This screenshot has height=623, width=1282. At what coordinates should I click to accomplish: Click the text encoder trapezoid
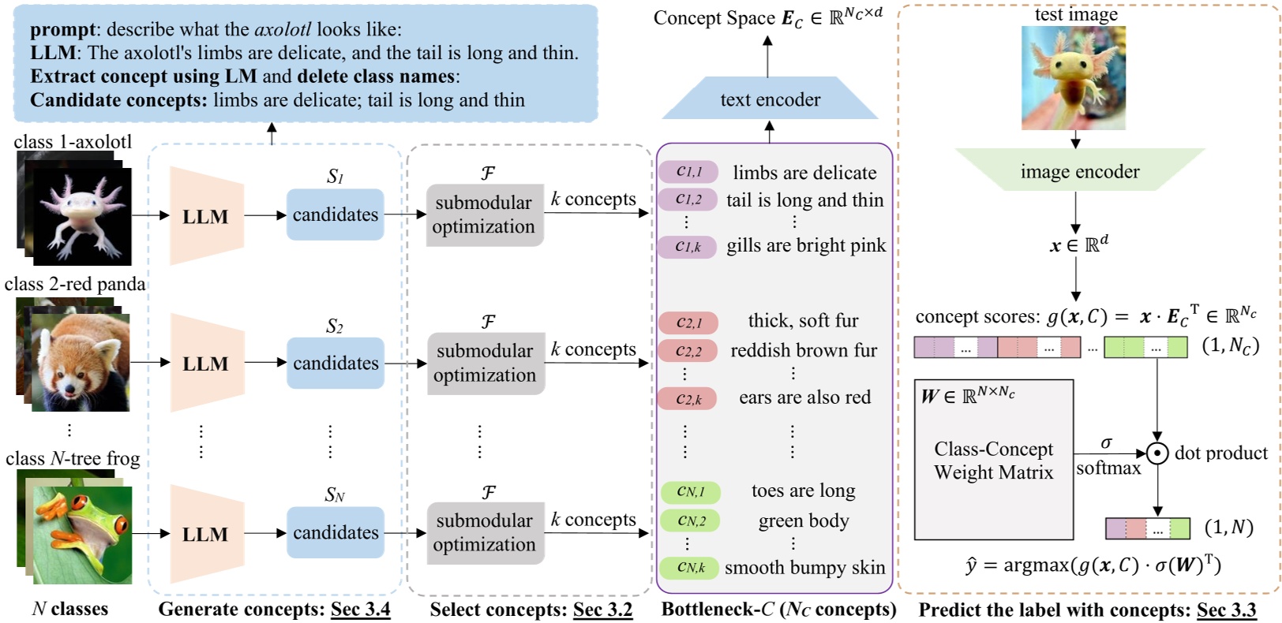pyautogui.click(x=770, y=99)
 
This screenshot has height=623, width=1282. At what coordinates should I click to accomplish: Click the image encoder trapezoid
pyautogui.click(x=1079, y=170)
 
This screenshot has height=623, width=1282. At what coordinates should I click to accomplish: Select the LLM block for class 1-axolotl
pyautogui.click(x=206, y=216)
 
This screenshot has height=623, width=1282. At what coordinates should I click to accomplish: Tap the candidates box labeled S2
pyautogui.click(x=335, y=363)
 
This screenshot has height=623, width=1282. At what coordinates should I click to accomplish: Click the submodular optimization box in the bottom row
pyautogui.click(x=485, y=532)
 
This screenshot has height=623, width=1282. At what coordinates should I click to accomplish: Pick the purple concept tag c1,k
pyautogui.click(x=688, y=246)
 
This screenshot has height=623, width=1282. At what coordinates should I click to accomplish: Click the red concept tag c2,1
pyautogui.click(x=688, y=322)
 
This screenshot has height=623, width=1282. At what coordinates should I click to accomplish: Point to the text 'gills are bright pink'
pyautogui.click(x=806, y=245)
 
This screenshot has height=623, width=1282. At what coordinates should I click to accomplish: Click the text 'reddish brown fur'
pyautogui.click(x=804, y=350)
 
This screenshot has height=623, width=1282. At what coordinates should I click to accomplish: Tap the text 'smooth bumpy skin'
pyautogui.click(x=804, y=567)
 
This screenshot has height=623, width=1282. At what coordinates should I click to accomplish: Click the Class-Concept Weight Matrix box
pyautogui.click(x=993, y=461)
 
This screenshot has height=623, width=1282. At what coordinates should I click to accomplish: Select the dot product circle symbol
pyautogui.click(x=1157, y=453)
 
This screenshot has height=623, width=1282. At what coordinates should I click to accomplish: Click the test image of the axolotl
pyautogui.click(x=1073, y=77)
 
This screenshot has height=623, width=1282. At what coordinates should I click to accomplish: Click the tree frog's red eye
pyautogui.click(x=120, y=524)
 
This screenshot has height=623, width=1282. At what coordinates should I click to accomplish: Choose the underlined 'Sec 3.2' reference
pyautogui.click(x=602, y=610)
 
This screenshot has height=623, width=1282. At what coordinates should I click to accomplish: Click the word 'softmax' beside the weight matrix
pyautogui.click(x=1108, y=468)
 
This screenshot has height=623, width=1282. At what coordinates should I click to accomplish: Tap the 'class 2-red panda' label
pyautogui.click(x=75, y=284)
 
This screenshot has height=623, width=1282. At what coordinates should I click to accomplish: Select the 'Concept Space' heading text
pyautogui.click(x=714, y=17)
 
